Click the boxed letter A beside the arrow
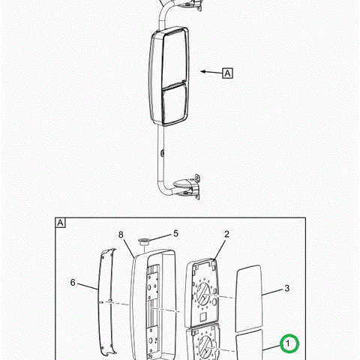tap(227, 73)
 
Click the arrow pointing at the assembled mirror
tap(211, 72)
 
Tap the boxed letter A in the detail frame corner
tap(61, 223)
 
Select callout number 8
tap(121, 235)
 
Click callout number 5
tap(175, 233)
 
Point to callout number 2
tap(226, 234)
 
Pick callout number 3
tap(286, 288)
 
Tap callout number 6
tap(73, 283)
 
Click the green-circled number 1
tap(289, 343)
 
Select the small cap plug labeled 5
tap(144, 241)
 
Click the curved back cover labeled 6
tap(107, 302)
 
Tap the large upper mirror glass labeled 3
tap(249, 298)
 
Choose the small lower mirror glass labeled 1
tap(250, 345)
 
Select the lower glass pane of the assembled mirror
tap(175, 103)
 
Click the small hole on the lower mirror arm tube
tap(162, 152)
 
